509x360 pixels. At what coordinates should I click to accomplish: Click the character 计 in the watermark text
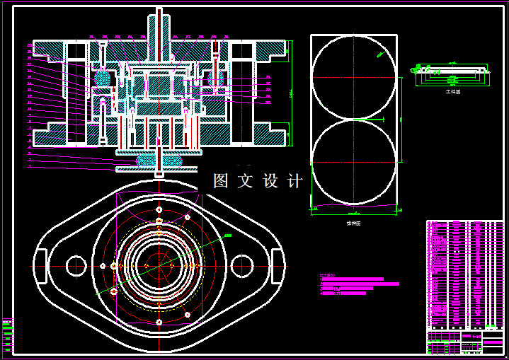pyautogui.click(x=295, y=181)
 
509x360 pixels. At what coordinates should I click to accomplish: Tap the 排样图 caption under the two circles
pyautogui.click(x=353, y=223)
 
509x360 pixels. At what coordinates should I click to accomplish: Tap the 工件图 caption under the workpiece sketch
pyautogui.click(x=452, y=91)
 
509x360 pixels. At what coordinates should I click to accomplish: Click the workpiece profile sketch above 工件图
pyautogui.click(x=452, y=70)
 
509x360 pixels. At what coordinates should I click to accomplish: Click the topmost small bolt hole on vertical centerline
pyautogui.click(x=160, y=210)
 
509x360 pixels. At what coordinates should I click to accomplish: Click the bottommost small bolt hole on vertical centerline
pyautogui.click(x=160, y=321)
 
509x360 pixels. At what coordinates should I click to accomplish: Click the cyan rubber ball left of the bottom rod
pyautogui.click(x=147, y=161)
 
